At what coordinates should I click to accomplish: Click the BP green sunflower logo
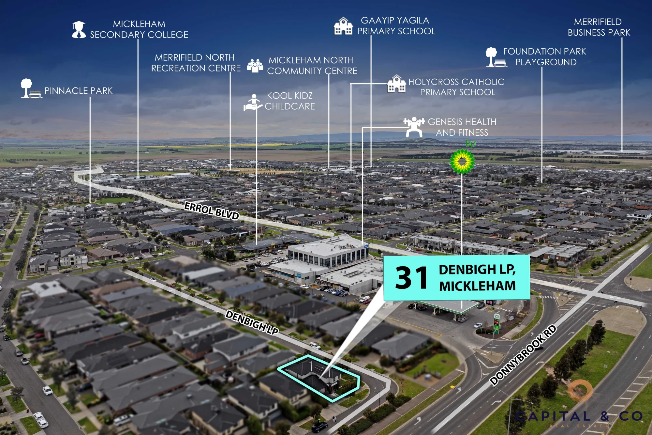[x=462, y=161]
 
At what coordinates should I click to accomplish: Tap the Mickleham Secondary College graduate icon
[x=79, y=30]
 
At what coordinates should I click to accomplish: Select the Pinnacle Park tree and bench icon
[x=31, y=88]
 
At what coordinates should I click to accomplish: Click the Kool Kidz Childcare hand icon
[x=253, y=102]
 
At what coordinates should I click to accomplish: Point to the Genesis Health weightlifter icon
[x=414, y=127]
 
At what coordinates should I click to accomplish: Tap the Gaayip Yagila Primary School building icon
[x=343, y=26]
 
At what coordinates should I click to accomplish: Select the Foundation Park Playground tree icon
[x=496, y=57]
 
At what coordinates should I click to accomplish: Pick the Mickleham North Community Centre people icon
[x=255, y=65]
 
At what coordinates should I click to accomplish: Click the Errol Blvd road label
[x=212, y=211]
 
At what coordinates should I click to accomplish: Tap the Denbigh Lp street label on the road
[x=252, y=322]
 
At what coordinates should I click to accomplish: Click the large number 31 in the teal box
[x=411, y=278]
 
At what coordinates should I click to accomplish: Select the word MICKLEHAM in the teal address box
[x=477, y=286]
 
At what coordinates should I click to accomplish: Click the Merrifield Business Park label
[x=599, y=27]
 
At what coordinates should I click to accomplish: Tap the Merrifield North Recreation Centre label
[x=196, y=63]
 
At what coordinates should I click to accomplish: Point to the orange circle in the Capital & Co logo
[x=580, y=390]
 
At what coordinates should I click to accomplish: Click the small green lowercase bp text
[x=470, y=144]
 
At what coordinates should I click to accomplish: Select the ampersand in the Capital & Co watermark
[x=605, y=416]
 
